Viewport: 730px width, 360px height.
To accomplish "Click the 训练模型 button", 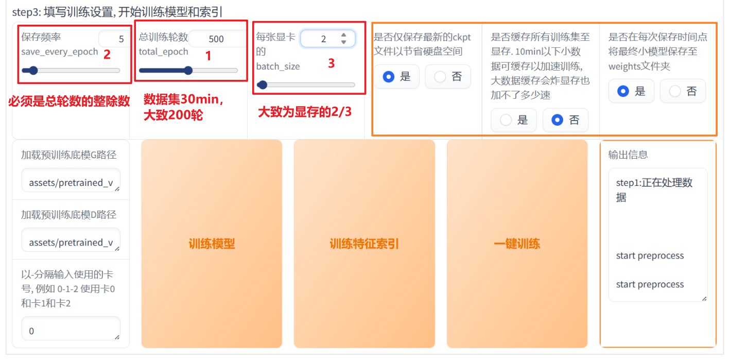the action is coord(212,244).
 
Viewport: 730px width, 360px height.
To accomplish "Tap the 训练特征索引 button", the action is coord(364,244).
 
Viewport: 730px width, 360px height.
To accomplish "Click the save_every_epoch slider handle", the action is coord(33,71).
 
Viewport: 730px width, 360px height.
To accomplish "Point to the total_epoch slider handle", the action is coord(188,71).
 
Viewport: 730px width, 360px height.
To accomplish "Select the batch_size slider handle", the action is coord(263,85).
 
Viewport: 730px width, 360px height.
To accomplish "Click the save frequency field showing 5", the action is coord(114,39).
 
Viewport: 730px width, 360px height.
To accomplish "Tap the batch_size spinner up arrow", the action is coord(343,35).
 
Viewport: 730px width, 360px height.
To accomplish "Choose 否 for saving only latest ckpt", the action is coord(448,77).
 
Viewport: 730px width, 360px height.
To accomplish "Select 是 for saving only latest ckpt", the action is coord(396,77).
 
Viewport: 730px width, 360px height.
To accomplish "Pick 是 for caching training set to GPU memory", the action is coord(514,120).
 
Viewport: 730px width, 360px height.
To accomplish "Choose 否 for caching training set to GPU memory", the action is coord(565,120).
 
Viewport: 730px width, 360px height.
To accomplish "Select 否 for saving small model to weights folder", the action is coord(683,91).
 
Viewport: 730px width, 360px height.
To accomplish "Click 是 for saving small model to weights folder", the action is coord(631,91).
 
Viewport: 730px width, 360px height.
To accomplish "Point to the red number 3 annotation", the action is coord(331,63).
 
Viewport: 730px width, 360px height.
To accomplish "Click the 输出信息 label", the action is coord(628,155).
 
